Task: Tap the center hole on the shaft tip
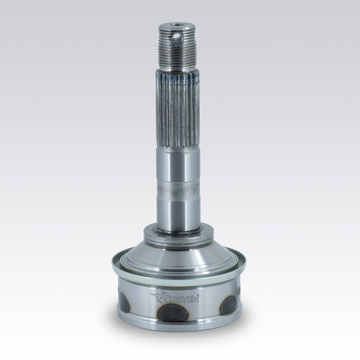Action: (x=176, y=24)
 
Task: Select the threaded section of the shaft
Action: (x=177, y=47)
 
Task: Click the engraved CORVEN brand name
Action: (x=181, y=299)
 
